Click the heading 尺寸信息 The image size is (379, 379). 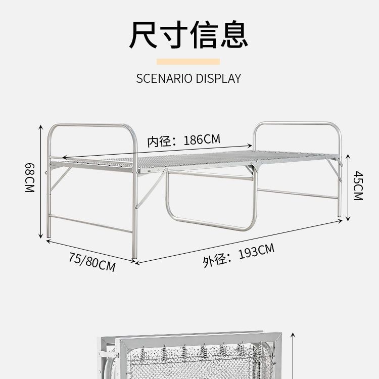(x=189, y=34)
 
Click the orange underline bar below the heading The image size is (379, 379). (x=188, y=62)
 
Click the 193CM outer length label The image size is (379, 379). (x=257, y=251)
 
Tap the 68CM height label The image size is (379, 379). (x=29, y=177)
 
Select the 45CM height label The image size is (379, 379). (x=358, y=185)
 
